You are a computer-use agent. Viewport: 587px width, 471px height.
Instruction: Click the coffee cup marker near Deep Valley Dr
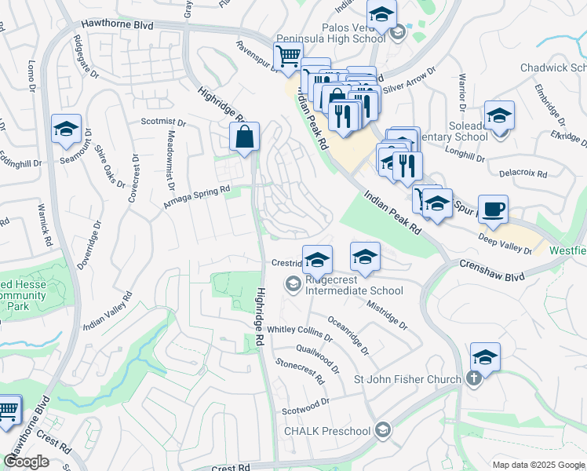coord(493,210)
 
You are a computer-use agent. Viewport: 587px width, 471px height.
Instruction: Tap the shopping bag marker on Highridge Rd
coord(245,137)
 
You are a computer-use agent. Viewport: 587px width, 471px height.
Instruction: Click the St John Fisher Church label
coord(407,380)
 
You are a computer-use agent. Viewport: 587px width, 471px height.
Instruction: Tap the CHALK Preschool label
coord(326,430)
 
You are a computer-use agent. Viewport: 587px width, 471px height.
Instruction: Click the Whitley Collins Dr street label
coord(301,333)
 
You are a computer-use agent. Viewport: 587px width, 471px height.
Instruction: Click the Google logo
coord(26,462)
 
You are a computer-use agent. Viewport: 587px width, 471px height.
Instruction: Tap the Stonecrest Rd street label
coord(300,371)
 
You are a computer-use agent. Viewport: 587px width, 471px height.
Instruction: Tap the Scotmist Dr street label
coord(163,122)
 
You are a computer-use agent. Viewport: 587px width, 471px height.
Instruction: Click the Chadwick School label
coord(554,68)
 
